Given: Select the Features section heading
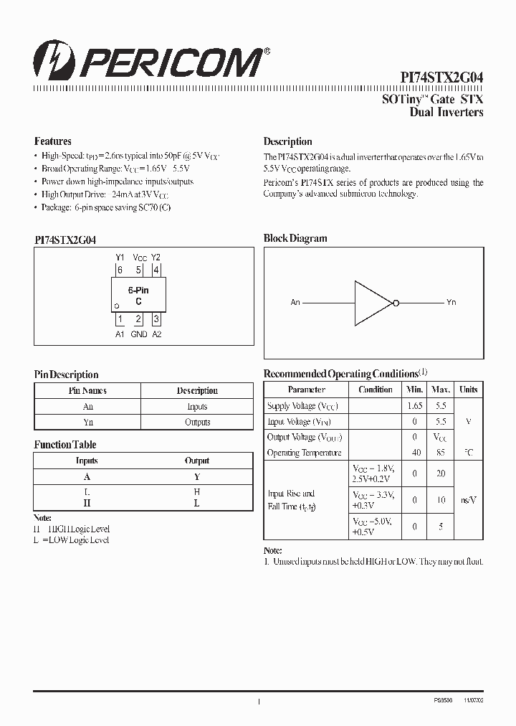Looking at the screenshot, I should coord(53,141).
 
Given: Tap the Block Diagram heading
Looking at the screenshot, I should coord(295,238).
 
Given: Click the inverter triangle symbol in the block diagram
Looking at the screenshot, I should coord(373,303).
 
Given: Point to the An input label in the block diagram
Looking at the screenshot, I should coord(295,303).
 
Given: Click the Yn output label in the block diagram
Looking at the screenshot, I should coord(451,303).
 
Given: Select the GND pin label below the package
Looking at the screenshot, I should coord(139,334).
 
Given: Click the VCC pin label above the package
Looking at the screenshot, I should coord(140,258).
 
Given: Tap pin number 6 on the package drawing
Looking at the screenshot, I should coord(120,270).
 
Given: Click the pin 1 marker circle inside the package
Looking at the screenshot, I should coord(117,307).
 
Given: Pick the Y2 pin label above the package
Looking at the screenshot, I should coord(156,258).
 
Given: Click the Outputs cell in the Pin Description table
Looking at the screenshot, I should coord(197,423).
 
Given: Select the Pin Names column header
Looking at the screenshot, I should coord(87,391).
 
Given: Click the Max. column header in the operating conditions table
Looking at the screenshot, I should coord(441,390).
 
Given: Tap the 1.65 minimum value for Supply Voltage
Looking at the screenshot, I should coord(415,406).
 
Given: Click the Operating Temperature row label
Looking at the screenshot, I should coord(304,453).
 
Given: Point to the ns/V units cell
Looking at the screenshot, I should coord(469,500).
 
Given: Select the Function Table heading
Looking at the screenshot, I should coord(65,445).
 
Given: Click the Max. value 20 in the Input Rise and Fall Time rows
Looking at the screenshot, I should coord(441,473).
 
